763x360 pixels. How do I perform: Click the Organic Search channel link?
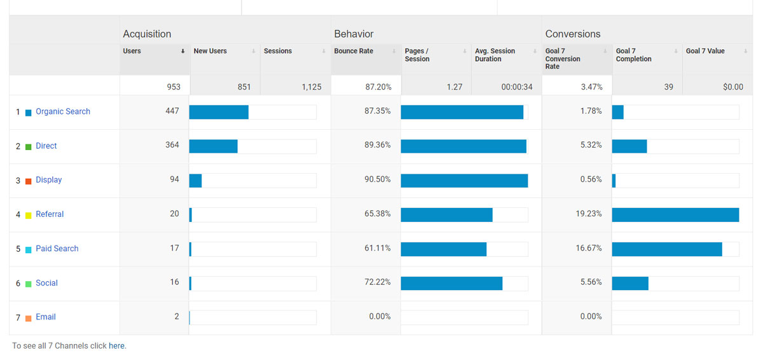pyautogui.click(x=62, y=111)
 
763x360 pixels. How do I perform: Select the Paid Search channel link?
pyautogui.click(x=57, y=249)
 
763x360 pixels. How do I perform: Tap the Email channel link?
pyautogui.click(x=45, y=317)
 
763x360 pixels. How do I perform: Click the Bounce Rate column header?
pyautogui.click(x=354, y=51)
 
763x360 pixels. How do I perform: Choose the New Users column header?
pyautogui.click(x=210, y=51)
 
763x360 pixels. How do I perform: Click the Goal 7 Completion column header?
pyautogui.click(x=633, y=55)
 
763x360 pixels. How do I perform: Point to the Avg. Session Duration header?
pyautogui.click(x=495, y=55)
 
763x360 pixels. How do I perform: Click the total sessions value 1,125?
pyautogui.click(x=312, y=87)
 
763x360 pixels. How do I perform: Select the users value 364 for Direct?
pyautogui.click(x=172, y=145)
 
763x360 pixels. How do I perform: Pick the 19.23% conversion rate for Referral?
pyautogui.click(x=589, y=214)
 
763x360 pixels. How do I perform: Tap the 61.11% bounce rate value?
pyautogui.click(x=378, y=248)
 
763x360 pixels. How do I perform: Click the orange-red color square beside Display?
pyautogui.click(x=28, y=181)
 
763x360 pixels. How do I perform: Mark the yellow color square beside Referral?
pyautogui.click(x=28, y=215)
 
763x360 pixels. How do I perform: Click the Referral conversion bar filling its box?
pyautogui.click(x=675, y=214)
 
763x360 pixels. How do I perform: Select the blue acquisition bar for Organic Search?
pyautogui.click(x=219, y=112)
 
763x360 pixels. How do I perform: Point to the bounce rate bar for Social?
pyautogui.click(x=451, y=283)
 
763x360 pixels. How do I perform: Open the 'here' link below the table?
pyautogui.click(x=116, y=346)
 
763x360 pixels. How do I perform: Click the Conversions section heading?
pyautogui.click(x=573, y=34)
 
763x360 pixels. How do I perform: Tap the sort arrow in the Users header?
pyautogui.click(x=183, y=51)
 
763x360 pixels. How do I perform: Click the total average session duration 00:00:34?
pyautogui.click(x=516, y=87)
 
